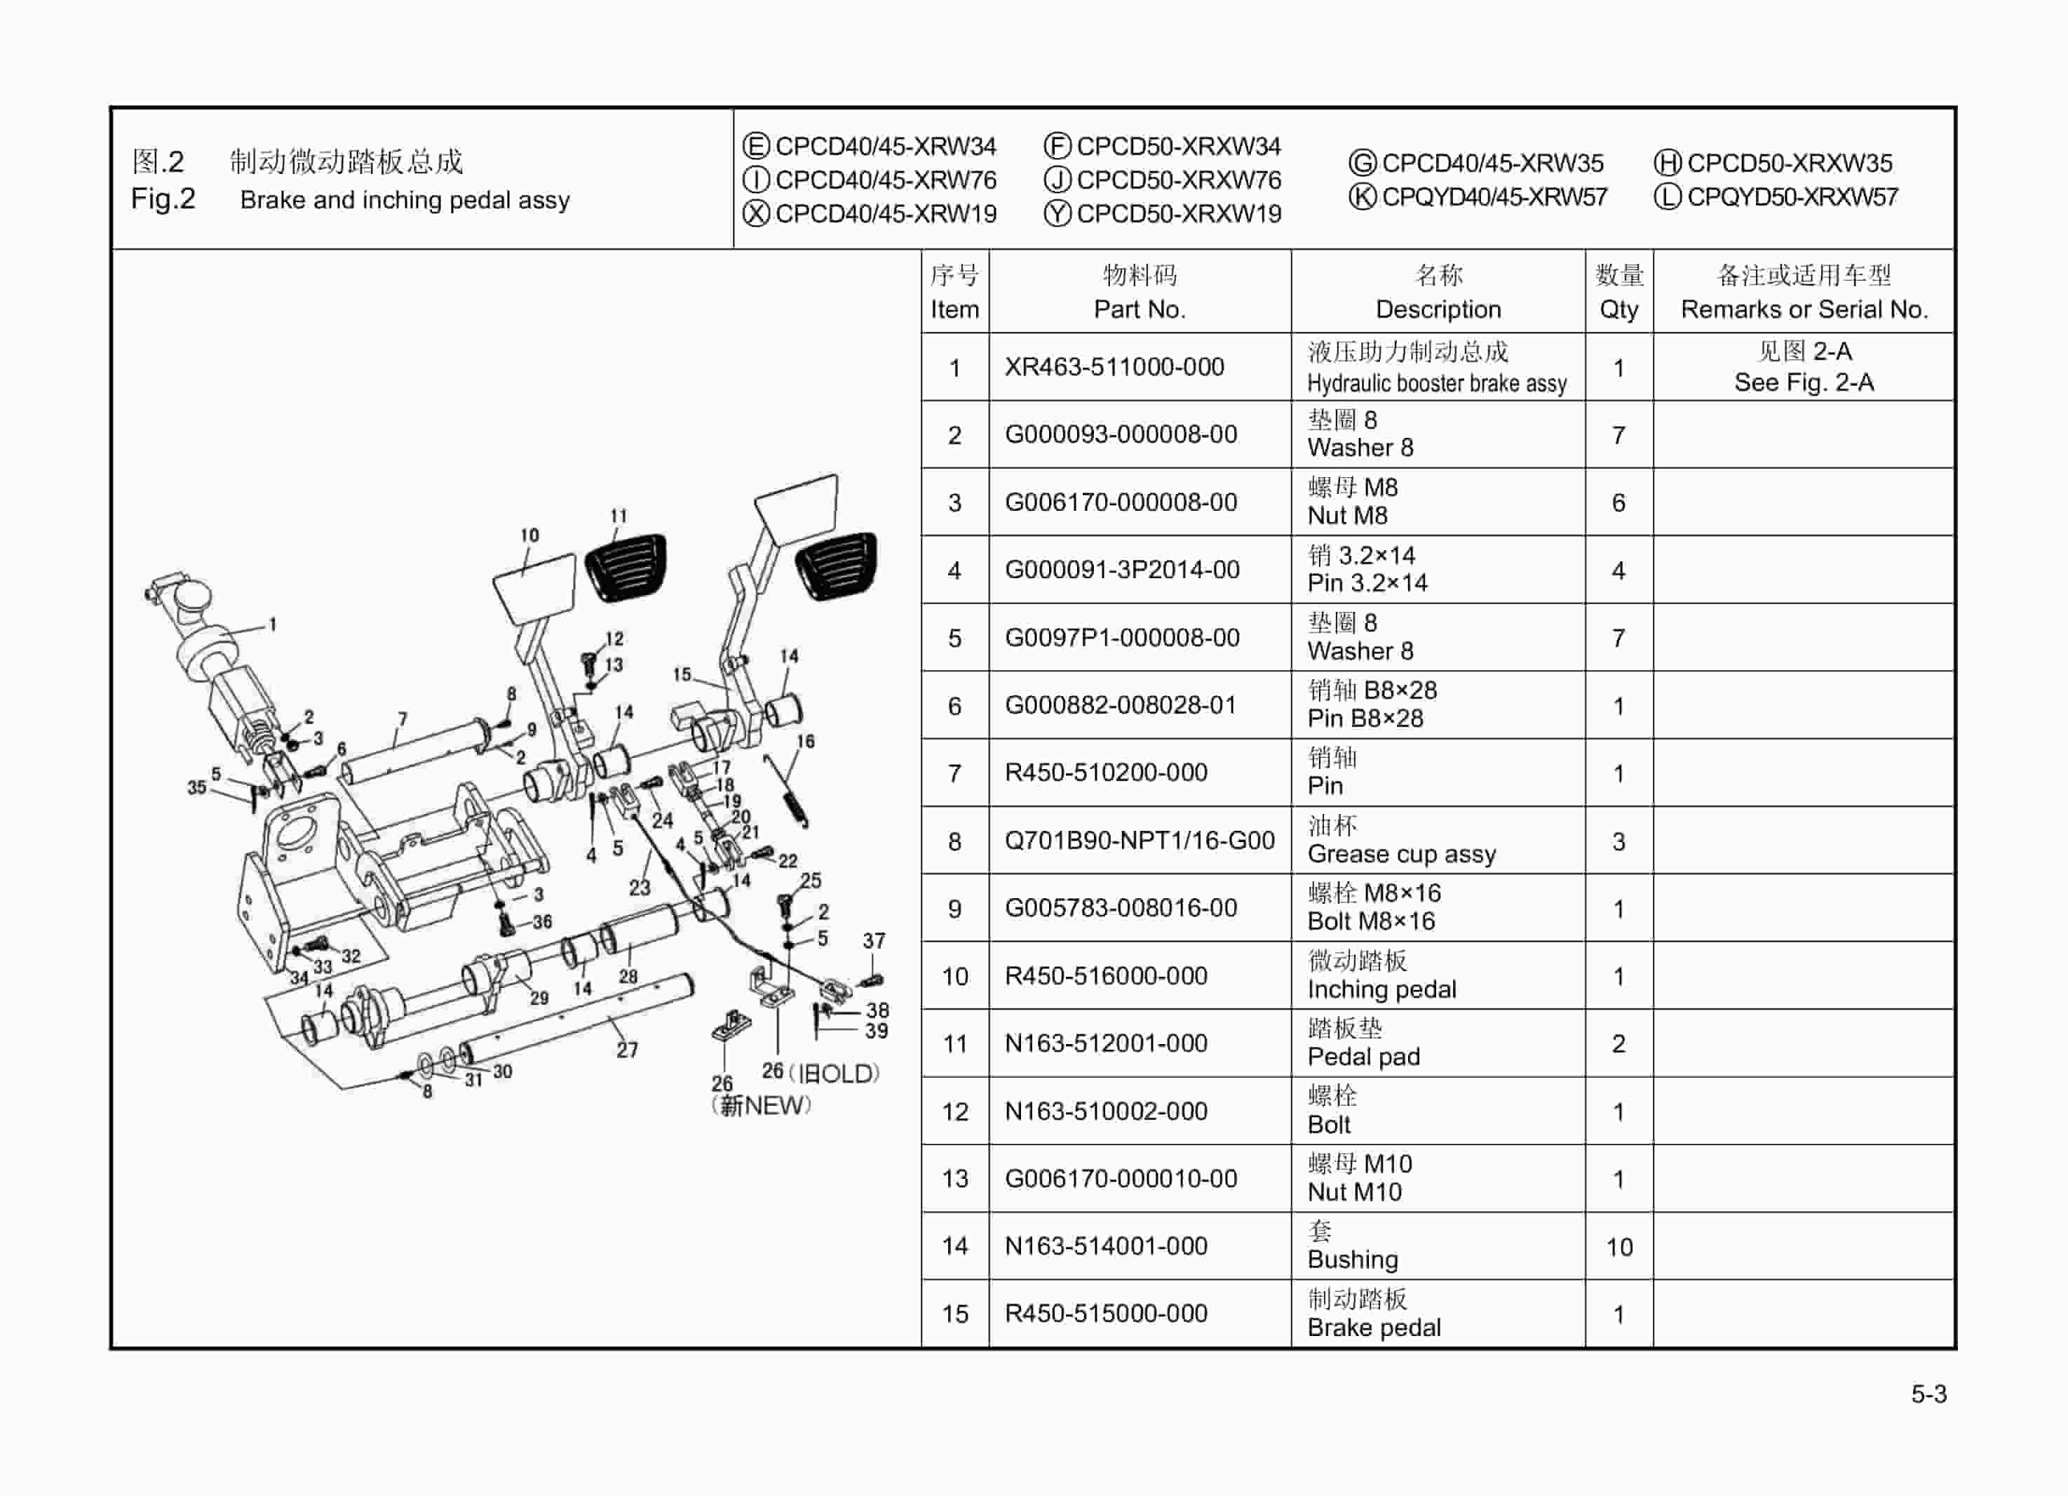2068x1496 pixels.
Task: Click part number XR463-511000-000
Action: click(x=1114, y=367)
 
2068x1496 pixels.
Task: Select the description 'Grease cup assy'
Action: click(x=1400, y=854)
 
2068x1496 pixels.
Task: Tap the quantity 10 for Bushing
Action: click(x=1618, y=1247)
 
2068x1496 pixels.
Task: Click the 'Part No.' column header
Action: click(x=1139, y=309)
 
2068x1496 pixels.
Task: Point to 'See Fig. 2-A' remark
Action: click(x=1803, y=382)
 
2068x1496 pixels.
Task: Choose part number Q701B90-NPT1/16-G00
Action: click(x=1139, y=840)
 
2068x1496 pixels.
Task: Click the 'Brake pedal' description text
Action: click(x=1373, y=1328)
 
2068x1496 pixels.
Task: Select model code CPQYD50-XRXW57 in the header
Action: click(x=1792, y=197)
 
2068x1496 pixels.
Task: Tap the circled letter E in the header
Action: click(x=756, y=146)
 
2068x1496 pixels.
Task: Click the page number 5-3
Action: click(x=1928, y=1394)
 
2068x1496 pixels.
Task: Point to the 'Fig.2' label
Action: click(x=162, y=199)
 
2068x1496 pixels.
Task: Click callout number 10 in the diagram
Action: click(x=529, y=535)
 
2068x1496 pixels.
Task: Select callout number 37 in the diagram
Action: click(x=874, y=940)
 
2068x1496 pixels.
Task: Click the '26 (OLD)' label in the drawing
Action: click(x=820, y=1073)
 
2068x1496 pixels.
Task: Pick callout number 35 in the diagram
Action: click(x=196, y=787)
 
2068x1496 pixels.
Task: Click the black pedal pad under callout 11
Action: click(x=626, y=568)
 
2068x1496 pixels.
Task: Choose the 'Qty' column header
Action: click(x=1618, y=309)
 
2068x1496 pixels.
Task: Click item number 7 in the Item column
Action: click(x=954, y=773)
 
